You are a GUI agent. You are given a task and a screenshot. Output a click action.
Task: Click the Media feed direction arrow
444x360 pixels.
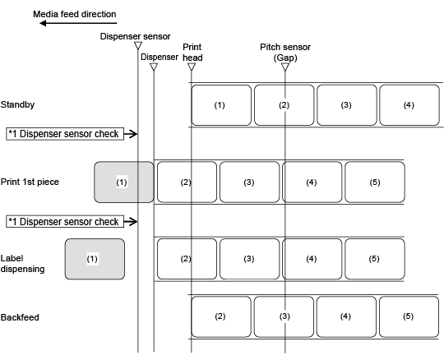click(78, 23)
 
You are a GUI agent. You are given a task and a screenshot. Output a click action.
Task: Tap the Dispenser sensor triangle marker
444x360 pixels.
click(138, 45)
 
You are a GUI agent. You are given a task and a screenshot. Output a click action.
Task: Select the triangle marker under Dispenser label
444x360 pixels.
click(154, 67)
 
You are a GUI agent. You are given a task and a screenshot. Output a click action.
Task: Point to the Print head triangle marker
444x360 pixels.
click(192, 67)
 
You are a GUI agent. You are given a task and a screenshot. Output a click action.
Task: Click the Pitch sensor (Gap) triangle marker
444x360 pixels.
click(285, 67)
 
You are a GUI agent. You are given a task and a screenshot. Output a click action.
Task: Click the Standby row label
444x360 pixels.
click(17, 104)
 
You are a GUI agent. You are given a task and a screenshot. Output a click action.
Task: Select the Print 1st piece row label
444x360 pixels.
click(30, 182)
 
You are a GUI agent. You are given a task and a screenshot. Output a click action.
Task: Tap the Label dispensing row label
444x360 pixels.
click(23, 264)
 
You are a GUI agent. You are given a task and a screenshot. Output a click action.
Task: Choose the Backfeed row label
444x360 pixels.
click(20, 317)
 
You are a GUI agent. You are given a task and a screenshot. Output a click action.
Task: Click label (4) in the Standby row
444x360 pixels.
click(409, 105)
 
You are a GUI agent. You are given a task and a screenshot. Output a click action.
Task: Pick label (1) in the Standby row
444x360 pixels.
click(221, 105)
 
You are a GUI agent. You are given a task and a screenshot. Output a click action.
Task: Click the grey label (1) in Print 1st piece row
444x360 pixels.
click(124, 182)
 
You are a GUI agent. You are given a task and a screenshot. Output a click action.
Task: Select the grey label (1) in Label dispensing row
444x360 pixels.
click(95, 259)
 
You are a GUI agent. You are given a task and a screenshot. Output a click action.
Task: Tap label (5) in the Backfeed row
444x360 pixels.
click(409, 316)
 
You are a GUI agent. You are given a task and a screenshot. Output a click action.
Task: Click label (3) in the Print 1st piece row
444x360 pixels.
click(249, 182)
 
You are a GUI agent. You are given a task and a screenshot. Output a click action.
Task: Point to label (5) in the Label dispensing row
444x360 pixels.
click(375, 259)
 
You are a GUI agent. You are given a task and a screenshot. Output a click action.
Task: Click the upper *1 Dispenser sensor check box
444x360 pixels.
click(65, 134)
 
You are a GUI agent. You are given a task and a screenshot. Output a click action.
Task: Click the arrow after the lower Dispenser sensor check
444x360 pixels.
click(131, 222)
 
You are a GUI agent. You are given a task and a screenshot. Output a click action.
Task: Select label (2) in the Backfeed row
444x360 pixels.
click(221, 316)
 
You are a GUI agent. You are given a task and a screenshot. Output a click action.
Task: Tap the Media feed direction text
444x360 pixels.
click(75, 14)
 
